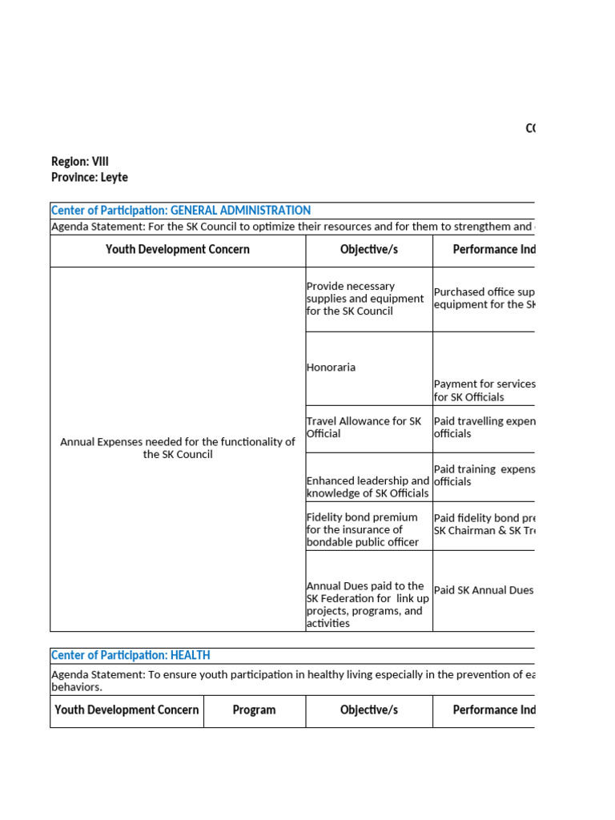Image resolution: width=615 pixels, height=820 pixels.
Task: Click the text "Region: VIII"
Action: [80, 162]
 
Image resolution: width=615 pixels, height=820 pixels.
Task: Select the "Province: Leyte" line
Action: [90, 178]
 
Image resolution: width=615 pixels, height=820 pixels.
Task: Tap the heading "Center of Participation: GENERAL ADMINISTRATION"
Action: [181, 211]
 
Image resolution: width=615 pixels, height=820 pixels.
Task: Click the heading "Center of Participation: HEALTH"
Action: [131, 656]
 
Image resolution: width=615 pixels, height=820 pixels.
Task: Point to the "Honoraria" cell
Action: [331, 368]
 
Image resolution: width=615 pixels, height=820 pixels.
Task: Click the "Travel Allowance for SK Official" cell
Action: [364, 428]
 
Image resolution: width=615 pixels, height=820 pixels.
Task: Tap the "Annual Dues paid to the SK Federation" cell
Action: [368, 605]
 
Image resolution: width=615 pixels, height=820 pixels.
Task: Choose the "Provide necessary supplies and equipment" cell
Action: [365, 299]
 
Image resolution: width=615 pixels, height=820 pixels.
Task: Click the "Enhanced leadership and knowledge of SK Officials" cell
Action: [368, 487]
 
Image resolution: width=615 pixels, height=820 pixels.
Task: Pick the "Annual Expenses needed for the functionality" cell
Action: [178, 448]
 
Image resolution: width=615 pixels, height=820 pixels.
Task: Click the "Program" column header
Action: [254, 710]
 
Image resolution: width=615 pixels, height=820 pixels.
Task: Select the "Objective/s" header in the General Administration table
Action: [368, 250]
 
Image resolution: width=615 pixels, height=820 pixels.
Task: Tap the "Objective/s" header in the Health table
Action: [368, 710]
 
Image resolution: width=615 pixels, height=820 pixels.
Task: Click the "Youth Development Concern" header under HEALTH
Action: [127, 710]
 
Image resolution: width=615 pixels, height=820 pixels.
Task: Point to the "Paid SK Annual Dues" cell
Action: [484, 590]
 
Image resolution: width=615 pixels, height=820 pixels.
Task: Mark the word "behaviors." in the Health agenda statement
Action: [77, 687]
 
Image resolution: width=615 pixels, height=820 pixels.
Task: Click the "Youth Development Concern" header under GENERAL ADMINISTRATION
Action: [178, 250]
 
